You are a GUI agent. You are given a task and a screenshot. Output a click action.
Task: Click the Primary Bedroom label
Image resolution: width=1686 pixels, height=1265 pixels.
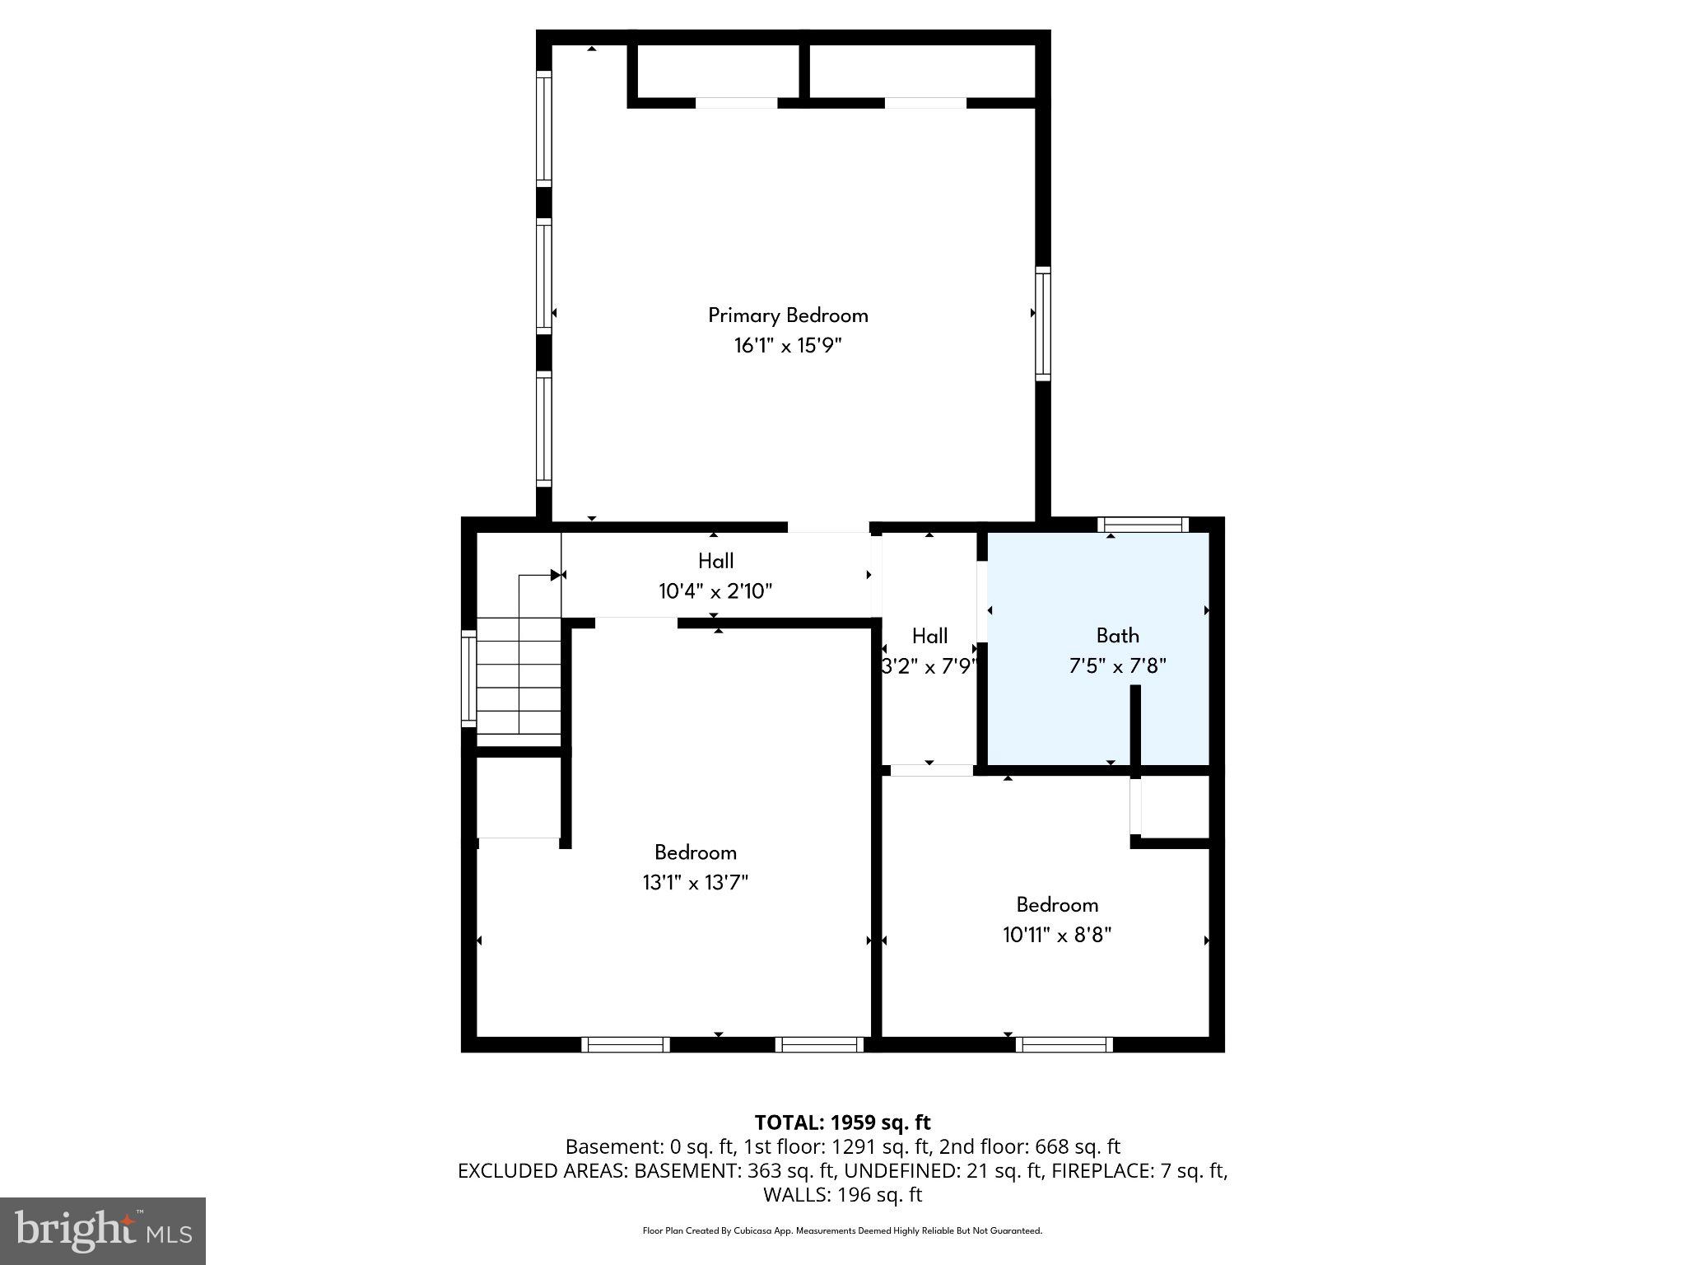[x=788, y=315]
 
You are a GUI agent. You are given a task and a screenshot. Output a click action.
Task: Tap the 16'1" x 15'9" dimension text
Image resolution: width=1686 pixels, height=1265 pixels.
[x=788, y=345]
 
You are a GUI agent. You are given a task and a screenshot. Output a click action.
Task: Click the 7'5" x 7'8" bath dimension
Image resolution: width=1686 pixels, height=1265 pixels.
[x=1117, y=665]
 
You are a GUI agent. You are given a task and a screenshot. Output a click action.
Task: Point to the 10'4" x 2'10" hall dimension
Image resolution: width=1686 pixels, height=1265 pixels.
[x=715, y=591]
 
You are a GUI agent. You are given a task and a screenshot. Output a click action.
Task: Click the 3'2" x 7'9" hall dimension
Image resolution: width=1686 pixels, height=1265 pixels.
[x=929, y=666]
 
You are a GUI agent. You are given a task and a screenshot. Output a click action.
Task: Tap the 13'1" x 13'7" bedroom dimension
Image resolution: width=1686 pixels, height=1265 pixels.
[x=695, y=883]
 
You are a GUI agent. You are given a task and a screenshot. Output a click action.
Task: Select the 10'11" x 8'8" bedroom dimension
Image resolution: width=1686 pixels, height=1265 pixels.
[x=1057, y=935]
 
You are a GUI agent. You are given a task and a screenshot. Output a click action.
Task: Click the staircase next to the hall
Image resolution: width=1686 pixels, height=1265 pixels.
[x=519, y=675]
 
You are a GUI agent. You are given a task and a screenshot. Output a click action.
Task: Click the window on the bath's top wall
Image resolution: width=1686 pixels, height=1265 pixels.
[x=1143, y=525]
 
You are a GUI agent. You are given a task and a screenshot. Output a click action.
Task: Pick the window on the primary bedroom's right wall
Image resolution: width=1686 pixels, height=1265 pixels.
[x=1042, y=324]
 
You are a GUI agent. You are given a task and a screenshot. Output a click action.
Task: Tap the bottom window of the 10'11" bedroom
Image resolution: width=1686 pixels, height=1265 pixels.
[x=1064, y=1044]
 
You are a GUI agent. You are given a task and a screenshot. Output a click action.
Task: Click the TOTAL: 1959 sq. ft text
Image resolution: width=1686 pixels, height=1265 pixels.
[x=842, y=1123]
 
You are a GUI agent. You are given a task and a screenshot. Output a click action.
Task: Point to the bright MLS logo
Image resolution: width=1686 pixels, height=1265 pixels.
[x=103, y=1230]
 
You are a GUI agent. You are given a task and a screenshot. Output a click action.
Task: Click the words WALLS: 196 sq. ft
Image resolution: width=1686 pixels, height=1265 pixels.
[x=842, y=1194]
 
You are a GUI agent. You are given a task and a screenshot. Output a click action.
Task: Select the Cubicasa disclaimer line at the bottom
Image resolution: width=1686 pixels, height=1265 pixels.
[x=842, y=1230]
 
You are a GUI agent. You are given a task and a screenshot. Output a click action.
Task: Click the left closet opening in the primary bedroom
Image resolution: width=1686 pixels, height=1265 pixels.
[x=737, y=103]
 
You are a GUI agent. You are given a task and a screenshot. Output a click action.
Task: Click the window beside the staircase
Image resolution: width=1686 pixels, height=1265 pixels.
[x=468, y=678]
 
